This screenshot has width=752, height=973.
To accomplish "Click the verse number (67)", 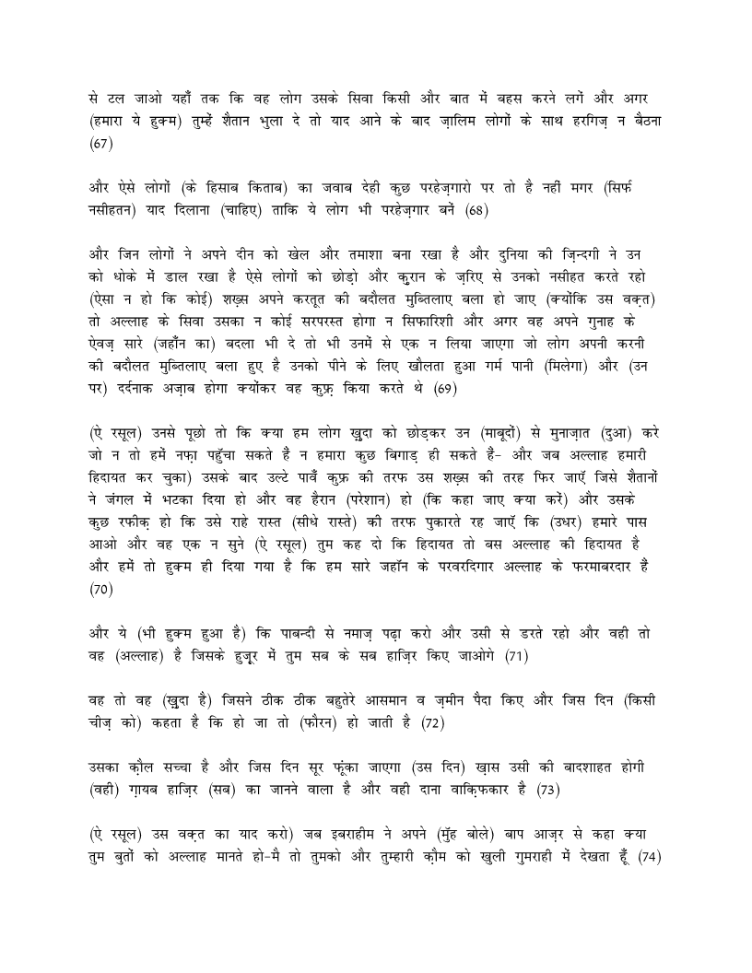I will (x=100, y=146).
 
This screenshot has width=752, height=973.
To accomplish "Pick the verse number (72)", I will (x=432, y=722).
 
